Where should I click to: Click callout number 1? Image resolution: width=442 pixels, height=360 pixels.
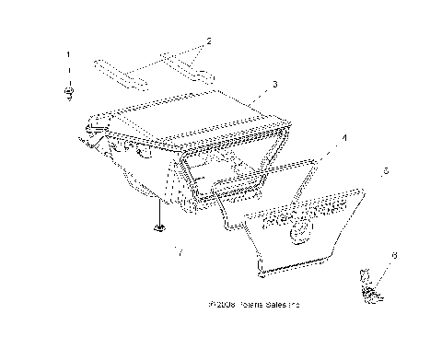pyautogui.click(x=67, y=55)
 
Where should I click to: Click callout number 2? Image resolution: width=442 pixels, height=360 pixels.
pyautogui.click(x=209, y=41)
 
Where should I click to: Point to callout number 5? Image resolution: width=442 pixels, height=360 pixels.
pyautogui.click(x=385, y=171)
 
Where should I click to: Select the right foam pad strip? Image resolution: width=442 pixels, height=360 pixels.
pyautogui.click(x=183, y=62)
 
